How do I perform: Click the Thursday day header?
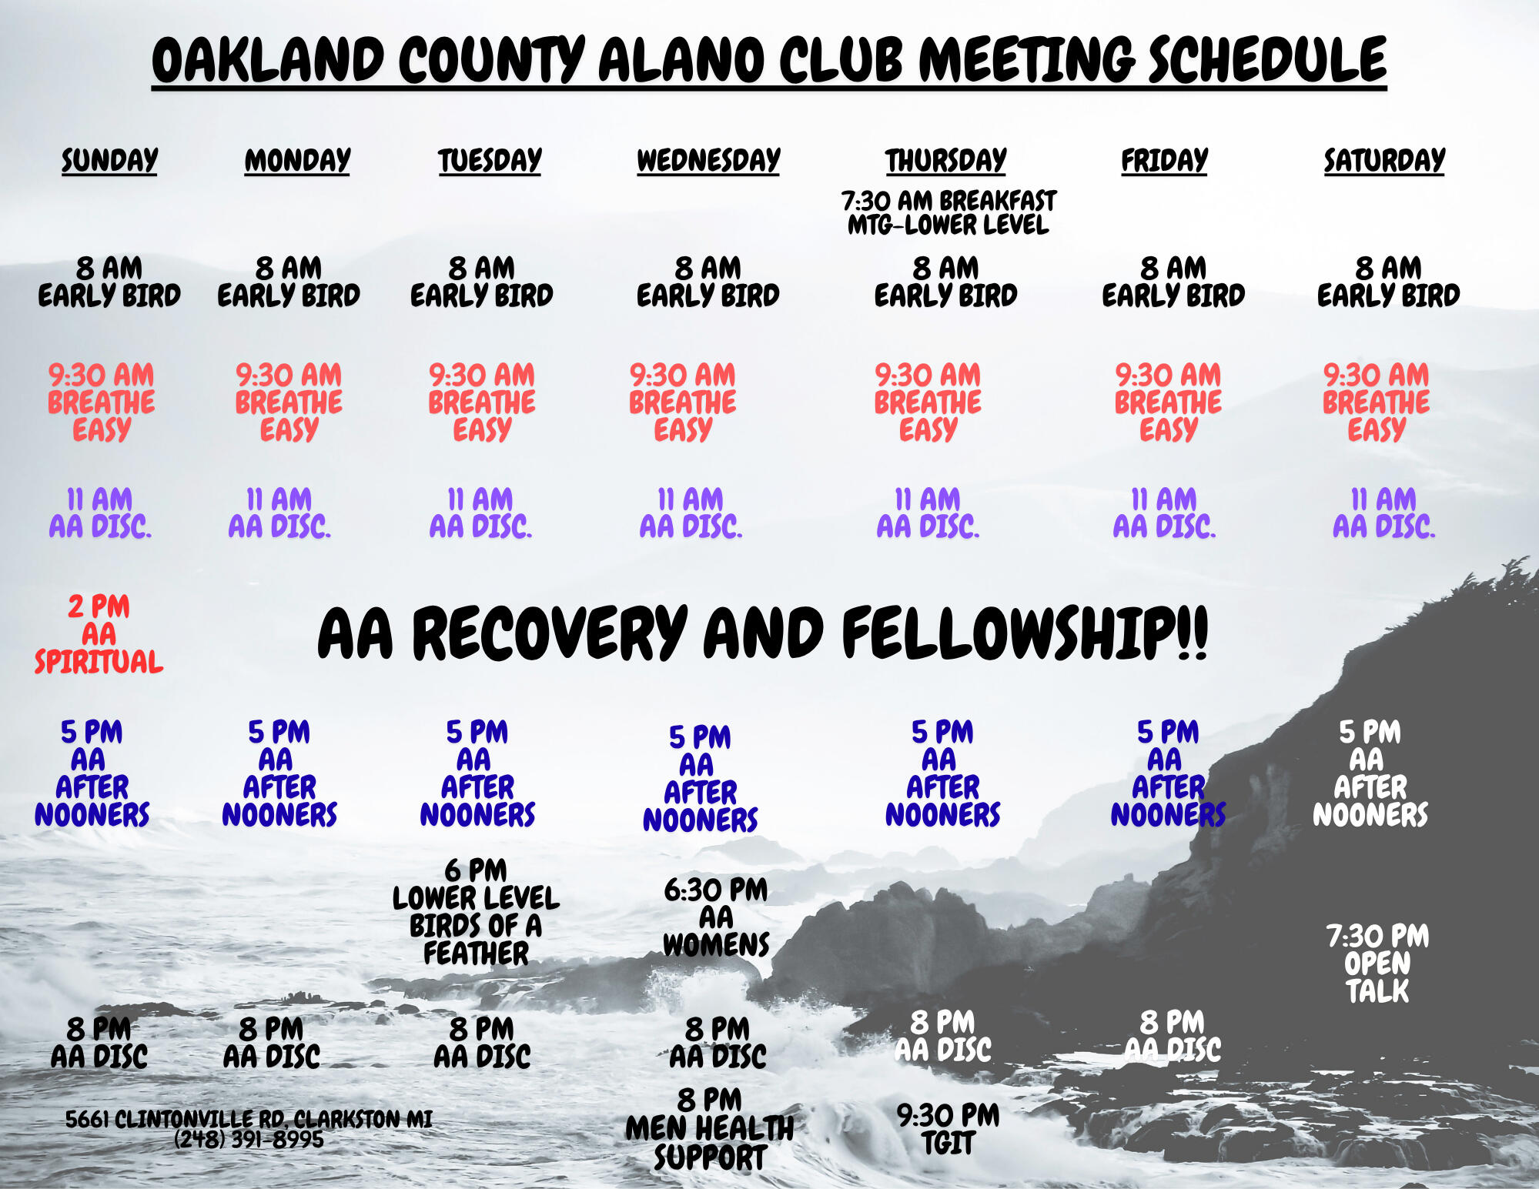945,160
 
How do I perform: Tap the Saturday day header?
1384,160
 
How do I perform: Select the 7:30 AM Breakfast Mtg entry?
948,212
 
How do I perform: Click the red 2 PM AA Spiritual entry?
99,634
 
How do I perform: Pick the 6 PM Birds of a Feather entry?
476,912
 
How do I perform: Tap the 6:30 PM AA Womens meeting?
716,917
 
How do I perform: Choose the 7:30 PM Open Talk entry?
1377,964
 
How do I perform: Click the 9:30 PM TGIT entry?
948,1129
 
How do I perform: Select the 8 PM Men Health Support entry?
709,1129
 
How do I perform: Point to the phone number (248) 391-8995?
249,1140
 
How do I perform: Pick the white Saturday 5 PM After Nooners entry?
1370,773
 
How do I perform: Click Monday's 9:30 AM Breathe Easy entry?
289,402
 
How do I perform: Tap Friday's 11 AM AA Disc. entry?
1164,513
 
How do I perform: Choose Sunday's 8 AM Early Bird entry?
109,282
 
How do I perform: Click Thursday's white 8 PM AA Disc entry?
943,1036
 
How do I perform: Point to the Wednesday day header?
708,160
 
